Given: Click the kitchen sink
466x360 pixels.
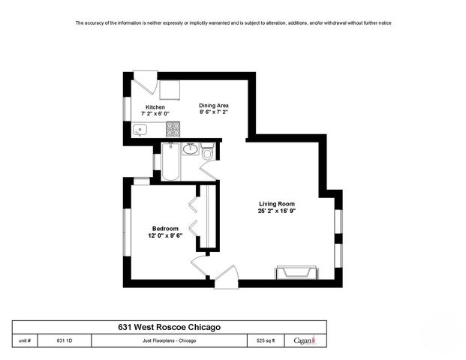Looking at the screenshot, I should point(140,130).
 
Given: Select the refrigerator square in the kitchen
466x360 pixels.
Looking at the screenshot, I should point(170,88).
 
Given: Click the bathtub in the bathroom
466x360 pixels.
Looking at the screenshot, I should point(171,162).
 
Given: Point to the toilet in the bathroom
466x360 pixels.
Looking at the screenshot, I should point(208,153).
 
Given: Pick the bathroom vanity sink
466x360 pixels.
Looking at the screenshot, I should point(191,148).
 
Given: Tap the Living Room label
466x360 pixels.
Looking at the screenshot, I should point(277,204).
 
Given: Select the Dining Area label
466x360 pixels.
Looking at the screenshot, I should point(214,106).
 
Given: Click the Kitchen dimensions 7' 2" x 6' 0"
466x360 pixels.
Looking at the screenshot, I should point(155,114).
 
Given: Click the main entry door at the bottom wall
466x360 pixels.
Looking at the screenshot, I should point(226,277).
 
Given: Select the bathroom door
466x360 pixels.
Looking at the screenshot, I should point(208,170).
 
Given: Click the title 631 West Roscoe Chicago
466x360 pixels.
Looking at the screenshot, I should point(169,327).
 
